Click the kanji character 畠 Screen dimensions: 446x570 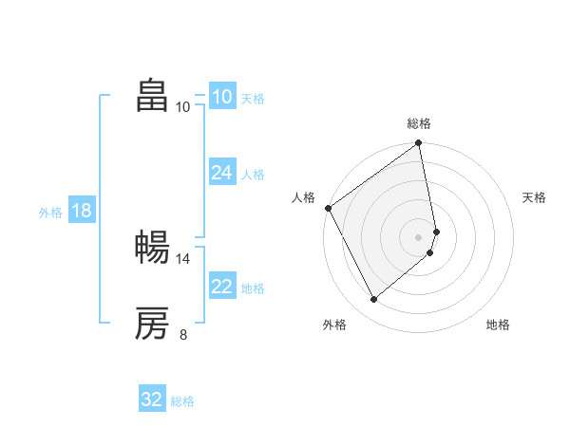(152, 95)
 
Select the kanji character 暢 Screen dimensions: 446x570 (152, 248)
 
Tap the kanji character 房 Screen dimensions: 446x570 (152, 324)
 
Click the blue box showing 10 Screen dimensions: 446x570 (221, 97)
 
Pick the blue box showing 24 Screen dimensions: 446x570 (221, 173)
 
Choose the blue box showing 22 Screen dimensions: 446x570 (221, 287)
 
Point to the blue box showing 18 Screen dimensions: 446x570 (81, 211)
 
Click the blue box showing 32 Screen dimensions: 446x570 (152, 400)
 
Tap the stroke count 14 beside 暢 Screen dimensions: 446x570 (183, 258)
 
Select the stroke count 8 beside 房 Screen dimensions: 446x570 (183, 334)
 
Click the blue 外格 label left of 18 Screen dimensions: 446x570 (50, 213)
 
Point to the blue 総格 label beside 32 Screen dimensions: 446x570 (182, 401)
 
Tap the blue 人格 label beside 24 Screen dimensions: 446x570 (253, 175)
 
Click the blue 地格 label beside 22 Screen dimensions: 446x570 (253, 288)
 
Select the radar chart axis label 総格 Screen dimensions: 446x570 (419, 123)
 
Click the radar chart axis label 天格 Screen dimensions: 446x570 (534, 197)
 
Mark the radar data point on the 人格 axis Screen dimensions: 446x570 (328, 208)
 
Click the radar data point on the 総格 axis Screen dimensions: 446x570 (419, 144)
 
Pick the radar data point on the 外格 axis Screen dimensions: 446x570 (374, 299)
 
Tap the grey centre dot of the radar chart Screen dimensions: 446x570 (419, 236)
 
